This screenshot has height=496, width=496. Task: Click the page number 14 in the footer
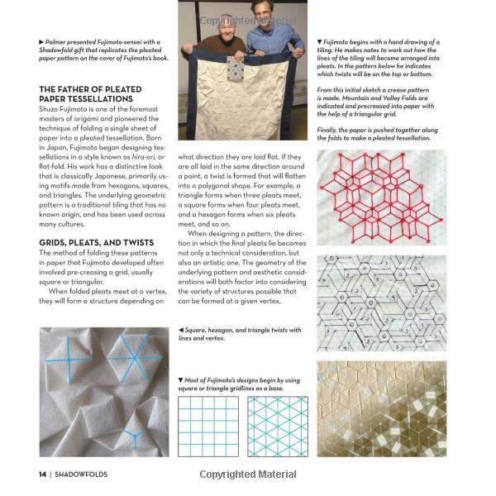point(41,474)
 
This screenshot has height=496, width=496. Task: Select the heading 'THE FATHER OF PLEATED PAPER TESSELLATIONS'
point(90,93)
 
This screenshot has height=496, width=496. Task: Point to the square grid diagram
point(207,427)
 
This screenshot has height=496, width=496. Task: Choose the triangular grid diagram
point(277,427)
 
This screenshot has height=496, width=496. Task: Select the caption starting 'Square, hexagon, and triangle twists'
point(240,333)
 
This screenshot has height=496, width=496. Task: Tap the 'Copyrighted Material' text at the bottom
point(248,475)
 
